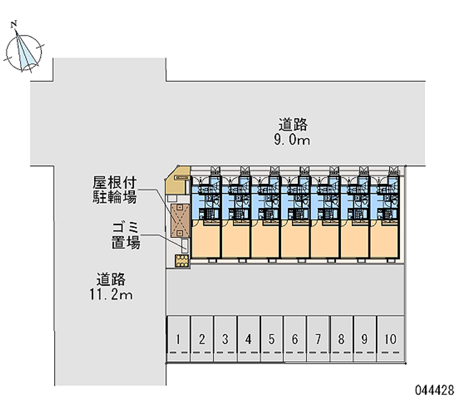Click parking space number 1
[179, 339]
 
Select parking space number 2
[202, 339]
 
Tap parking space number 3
[225, 339]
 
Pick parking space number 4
[248, 339]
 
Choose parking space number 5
[272, 339]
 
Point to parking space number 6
[295, 339]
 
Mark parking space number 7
[318, 339]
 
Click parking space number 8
[341, 339]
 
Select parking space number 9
[364, 339]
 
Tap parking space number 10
[390, 339]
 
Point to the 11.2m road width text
[111, 295]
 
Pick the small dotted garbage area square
[182, 260]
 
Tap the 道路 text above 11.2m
[111, 280]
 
